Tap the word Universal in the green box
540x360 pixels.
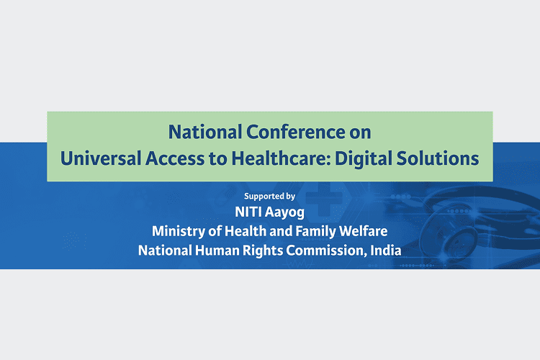[x=101, y=159]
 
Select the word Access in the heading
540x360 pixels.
[x=175, y=159]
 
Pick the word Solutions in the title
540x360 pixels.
[x=438, y=159]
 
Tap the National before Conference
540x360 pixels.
[x=205, y=132]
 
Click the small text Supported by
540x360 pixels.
[x=270, y=197]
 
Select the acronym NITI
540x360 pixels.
[x=246, y=212]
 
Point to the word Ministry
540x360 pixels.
[x=179, y=232]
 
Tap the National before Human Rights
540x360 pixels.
[x=165, y=251]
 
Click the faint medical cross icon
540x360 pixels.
[x=324, y=199]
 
